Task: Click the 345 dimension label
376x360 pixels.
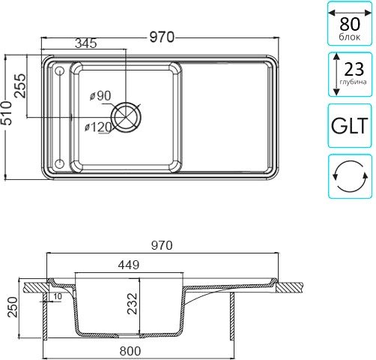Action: tap(86, 43)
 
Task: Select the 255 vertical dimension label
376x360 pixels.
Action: tap(20, 85)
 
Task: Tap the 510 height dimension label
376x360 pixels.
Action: tap(6, 113)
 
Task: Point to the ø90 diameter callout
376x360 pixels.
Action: tap(100, 95)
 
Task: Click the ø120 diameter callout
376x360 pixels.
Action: tap(98, 127)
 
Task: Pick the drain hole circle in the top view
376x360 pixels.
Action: tap(126, 117)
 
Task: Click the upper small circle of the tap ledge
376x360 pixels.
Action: tap(59, 71)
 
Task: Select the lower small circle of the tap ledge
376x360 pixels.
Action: tap(59, 164)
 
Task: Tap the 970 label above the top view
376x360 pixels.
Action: tap(162, 37)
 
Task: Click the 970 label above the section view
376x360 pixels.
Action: tap(162, 245)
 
